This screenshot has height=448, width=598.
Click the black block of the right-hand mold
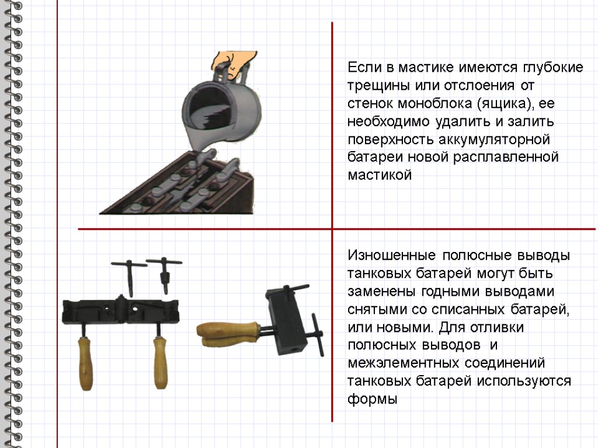click(x=287, y=321)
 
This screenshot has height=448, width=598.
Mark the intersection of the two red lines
click(x=332, y=229)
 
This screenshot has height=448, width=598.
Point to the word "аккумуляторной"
click(x=494, y=139)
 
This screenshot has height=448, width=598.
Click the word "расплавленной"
click(x=505, y=157)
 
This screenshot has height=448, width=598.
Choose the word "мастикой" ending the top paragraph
click(x=380, y=175)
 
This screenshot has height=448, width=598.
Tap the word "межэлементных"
click(x=404, y=363)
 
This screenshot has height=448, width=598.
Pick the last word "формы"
click(x=373, y=399)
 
